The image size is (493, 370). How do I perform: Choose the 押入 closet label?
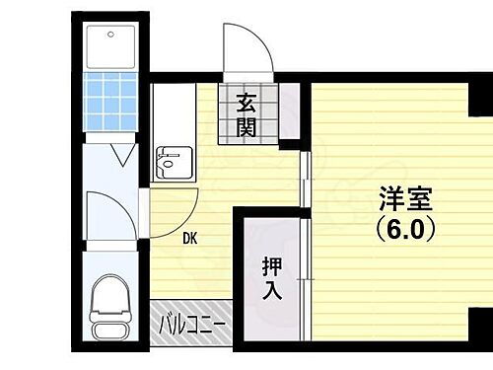point(271,277)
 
